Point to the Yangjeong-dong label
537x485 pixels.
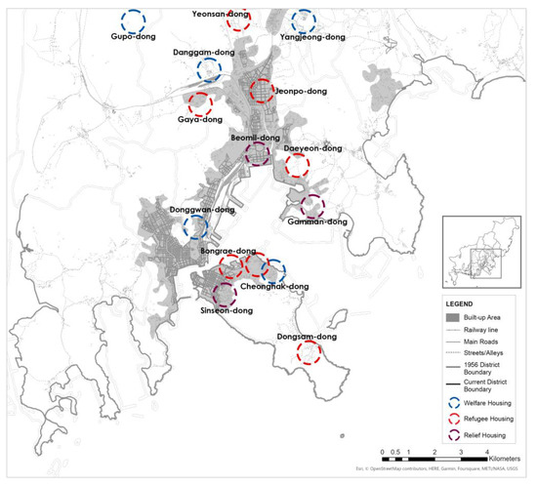[x=313, y=37]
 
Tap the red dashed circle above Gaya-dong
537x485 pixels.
[x=200, y=103]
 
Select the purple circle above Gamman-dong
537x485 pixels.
[x=312, y=206]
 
